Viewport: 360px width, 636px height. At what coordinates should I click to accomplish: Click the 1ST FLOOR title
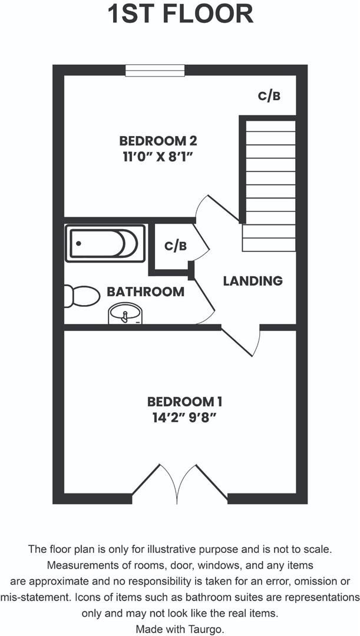180,14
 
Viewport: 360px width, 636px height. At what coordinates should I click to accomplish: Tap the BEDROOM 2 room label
157,141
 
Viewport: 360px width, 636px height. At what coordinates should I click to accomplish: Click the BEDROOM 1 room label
184,402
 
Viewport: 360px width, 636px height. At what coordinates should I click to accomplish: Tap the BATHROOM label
146,291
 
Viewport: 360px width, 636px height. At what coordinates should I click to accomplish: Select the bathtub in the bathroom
105,243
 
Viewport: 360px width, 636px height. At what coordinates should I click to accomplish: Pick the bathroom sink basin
125,314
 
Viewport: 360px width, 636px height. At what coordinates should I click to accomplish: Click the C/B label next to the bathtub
175,246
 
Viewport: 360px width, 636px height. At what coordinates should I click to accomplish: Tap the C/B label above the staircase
269,96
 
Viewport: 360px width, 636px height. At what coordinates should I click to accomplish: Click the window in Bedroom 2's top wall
155,70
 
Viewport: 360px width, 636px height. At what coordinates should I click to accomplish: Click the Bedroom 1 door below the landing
245,340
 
